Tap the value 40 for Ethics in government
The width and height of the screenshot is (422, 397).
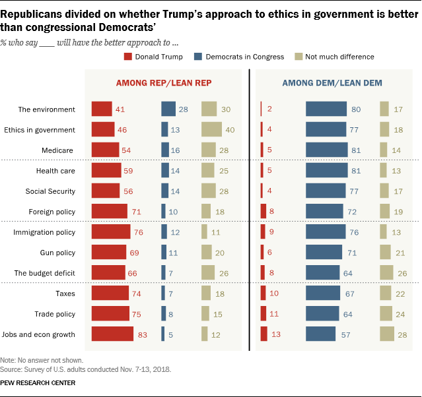(230, 130)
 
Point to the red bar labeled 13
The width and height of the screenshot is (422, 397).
(264, 334)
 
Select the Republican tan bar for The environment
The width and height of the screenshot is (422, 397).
(209, 109)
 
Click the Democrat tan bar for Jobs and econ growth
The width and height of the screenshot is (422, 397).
(386, 334)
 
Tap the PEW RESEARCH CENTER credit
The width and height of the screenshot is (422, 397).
(38, 382)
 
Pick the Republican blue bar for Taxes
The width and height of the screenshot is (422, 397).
(163, 293)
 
